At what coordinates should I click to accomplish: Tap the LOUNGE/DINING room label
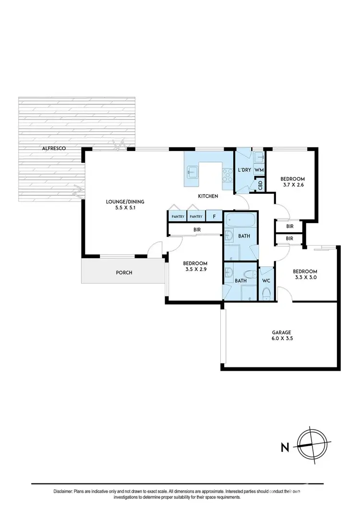click(x=125, y=201)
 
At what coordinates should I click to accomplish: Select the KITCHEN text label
click(x=209, y=196)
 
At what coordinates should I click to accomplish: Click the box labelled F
click(x=214, y=217)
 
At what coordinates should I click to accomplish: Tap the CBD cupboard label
click(x=260, y=185)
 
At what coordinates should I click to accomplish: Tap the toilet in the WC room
click(x=266, y=292)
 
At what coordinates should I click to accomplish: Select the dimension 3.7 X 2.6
click(x=292, y=185)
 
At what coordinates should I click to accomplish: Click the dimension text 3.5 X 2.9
click(x=195, y=270)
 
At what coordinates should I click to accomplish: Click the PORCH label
click(x=124, y=272)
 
